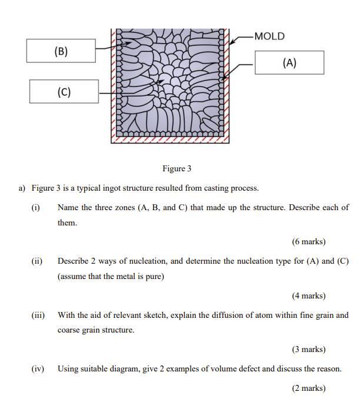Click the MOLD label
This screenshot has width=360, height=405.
pos(269,36)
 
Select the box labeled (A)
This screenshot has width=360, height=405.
pos(289,62)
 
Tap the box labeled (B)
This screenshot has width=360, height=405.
pos(61,51)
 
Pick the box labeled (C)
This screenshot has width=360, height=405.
pos(64,92)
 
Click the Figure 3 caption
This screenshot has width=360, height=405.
pos(177,169)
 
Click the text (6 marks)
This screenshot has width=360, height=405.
pos(308,241)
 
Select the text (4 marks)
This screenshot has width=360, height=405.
pos(308,296)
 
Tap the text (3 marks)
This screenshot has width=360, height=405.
pos(308,349)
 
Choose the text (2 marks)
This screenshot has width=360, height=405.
pos(308,388)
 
